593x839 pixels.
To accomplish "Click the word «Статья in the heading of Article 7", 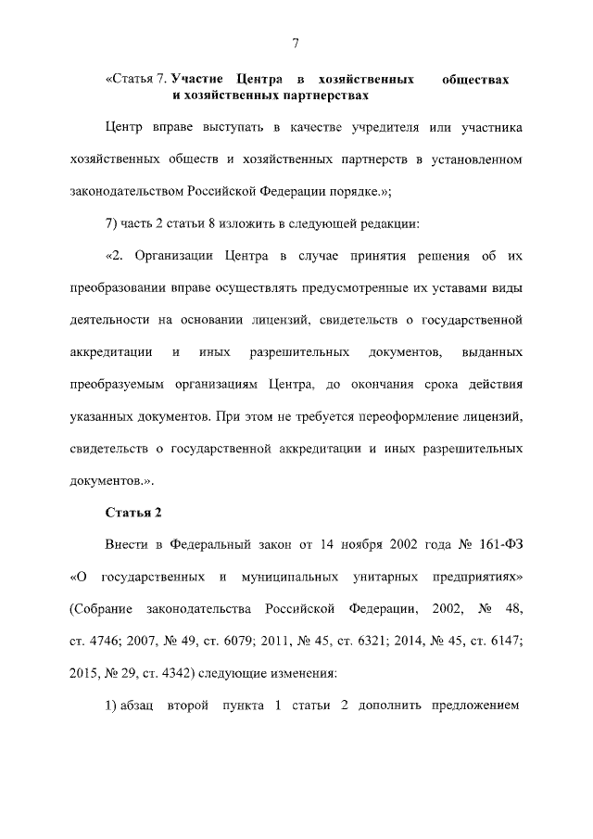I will [x=131, y=81].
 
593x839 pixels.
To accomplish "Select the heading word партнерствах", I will [x=328, y=95].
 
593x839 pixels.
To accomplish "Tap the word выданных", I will [x=491, y=352].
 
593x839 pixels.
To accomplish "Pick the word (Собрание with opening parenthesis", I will [x=101, y=611].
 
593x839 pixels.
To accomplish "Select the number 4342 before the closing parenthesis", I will [x=180, y=676].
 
